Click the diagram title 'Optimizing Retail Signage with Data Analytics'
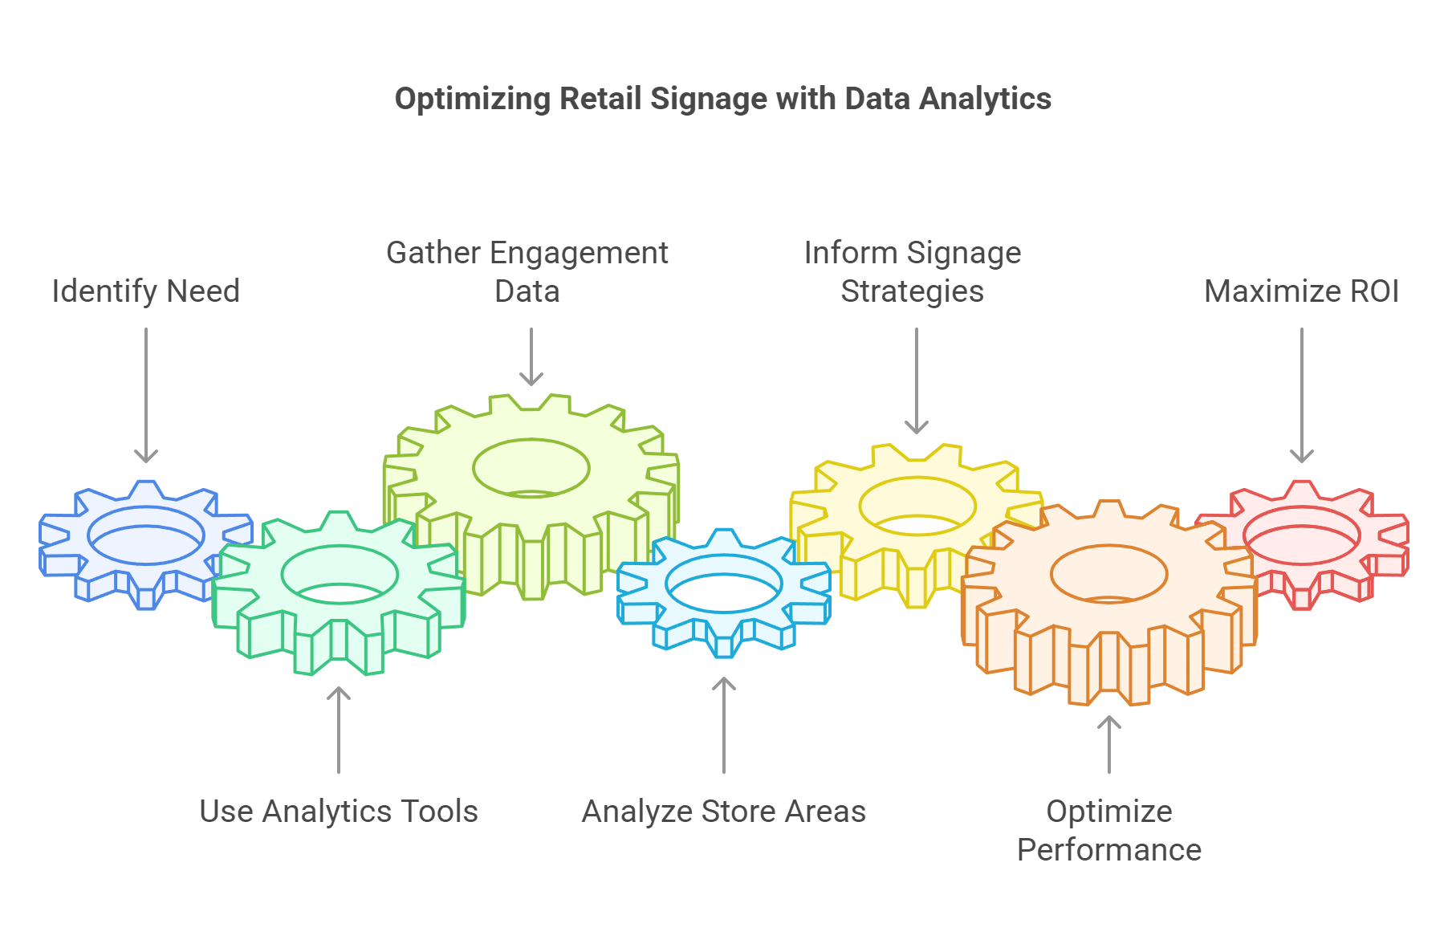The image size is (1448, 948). click(722, 99)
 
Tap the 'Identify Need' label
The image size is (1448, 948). click(145, 291)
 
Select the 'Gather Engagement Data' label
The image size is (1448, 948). click(527, 271)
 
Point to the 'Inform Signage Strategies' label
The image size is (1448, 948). click(912, 271)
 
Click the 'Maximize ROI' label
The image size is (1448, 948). click(1301, 291)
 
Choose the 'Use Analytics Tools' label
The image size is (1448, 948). click(338, 811)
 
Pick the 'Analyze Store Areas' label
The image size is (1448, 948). click(723, 811)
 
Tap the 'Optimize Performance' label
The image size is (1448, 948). click(1108, 830)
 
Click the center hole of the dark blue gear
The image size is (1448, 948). click(145, 535)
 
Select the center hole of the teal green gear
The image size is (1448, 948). click(339, 575)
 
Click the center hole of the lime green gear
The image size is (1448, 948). click(531, 468)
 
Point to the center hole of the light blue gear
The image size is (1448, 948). click(723, 584)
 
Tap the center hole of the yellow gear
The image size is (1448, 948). click(917, 507)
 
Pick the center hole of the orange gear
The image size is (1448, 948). click(1108, 573)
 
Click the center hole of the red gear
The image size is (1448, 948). click(1301, 535)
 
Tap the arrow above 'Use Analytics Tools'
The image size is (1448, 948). click(339, 730)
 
